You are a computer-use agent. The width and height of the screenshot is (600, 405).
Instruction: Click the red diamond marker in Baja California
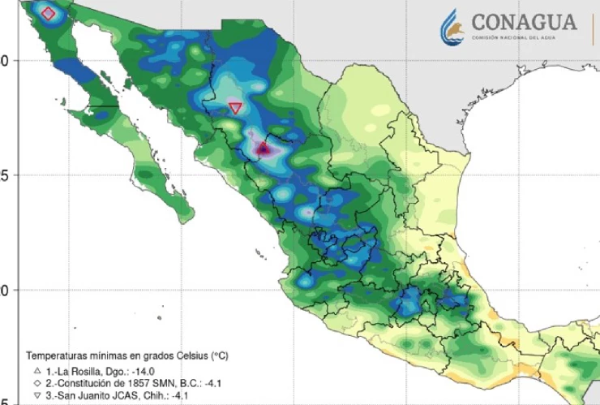click(x=48, y=14)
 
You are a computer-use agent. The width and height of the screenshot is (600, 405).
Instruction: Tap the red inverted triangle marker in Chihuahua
click(x=236, y=107)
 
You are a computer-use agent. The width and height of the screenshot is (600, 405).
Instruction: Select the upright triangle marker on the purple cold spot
click(x=263, y=149)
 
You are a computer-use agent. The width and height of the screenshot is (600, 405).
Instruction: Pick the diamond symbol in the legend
click(x=36, y=382)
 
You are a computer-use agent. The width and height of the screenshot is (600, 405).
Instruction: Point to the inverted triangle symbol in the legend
click(x=36, y=395)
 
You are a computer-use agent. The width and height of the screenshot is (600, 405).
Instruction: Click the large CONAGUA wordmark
click(x=523, y=22)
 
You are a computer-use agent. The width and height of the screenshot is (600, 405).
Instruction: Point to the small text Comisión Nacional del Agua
click(x=523, y=40)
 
